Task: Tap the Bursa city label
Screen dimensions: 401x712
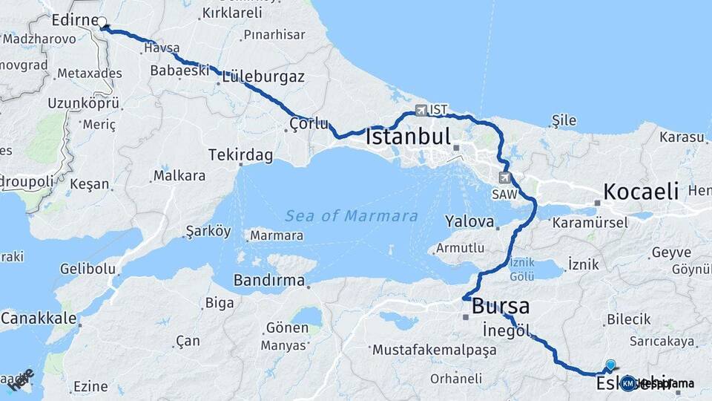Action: [x=501, y=305]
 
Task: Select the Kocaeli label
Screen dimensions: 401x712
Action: [x=641, y=192]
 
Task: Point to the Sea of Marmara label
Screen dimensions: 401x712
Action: [x=352, y=216]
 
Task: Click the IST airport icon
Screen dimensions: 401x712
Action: [x=422, y=110]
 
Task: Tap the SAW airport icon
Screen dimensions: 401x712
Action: [x=505, y=177]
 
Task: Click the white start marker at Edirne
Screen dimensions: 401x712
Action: [x=102, y=22]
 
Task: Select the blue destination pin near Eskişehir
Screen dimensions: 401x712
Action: [x=610, y=365]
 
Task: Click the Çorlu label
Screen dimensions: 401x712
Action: [x=309, y=124]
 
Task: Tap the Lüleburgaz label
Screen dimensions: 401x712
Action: [x=263, y=76]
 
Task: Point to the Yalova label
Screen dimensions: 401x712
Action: [x=469, y=221]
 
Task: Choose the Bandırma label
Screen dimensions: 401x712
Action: [x=269, y=280]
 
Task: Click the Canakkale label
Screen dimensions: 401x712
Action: [x=39, y=319]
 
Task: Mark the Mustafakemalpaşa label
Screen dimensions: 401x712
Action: [x=434, y=349]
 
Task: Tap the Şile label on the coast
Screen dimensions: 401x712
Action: [x=564, y=120]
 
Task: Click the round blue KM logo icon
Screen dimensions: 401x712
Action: [x=628, y=383]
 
